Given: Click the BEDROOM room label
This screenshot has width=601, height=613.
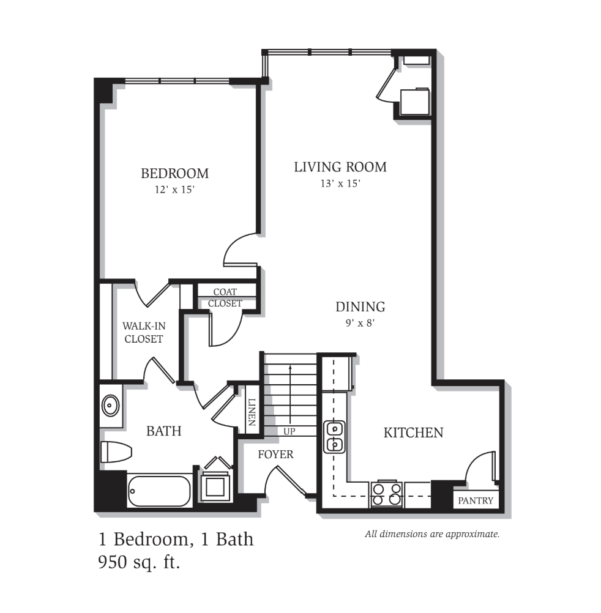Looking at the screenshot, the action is click(x=175, y=173).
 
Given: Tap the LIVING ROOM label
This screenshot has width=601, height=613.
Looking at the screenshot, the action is click(x=340, y=167).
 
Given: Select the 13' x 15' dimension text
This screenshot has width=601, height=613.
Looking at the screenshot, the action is click(x=340, y=184).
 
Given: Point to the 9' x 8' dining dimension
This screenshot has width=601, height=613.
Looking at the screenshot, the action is click(x=360, y=323).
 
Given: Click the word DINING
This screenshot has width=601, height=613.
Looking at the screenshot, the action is click(x=360, y=306).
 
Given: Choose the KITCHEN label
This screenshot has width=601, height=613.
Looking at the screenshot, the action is click(x=413, y=433).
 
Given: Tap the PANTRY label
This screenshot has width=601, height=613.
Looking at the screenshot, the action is click(x=476, y=500).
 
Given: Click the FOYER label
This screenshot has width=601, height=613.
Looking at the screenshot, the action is click(x=275, y=455).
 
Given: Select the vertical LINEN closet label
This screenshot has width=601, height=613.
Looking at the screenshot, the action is click(x=252, y=412).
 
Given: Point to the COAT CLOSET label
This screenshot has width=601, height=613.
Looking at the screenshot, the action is click(x=225, y=297).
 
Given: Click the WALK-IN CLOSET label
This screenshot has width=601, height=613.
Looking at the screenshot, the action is click(x=144, y=332).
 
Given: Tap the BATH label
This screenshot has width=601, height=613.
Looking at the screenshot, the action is click(x=164, y=431).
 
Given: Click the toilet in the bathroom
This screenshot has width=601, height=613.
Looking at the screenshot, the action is click(x=116, y=452).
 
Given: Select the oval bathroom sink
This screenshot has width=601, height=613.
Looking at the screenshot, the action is click(x=111, y=406).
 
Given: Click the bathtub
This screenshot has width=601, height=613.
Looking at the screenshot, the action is click(x=160, y=491).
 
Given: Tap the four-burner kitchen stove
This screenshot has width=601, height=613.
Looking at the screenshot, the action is click(x=387, y=494).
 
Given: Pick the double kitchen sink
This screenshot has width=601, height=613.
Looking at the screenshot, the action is click(x=334, y=437).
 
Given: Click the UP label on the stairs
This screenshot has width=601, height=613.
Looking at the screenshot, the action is click(x=289, y=431).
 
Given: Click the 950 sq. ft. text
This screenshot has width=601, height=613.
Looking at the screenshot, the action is click(x=139, y=563).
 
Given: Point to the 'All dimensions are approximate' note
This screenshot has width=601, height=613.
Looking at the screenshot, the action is click(x=432, y=534).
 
